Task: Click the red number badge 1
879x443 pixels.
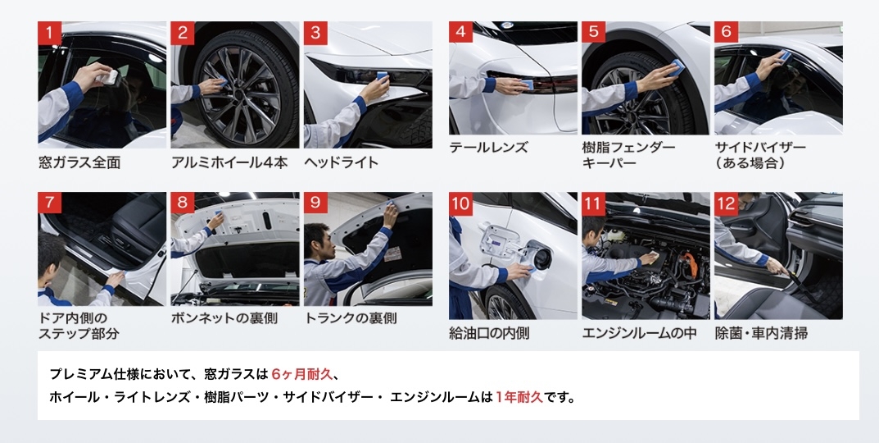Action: coord(49,33)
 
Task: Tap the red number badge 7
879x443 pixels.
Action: coord(49,203)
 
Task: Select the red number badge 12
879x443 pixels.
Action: coord(726,203)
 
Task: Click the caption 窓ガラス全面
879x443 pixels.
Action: coord(79,162)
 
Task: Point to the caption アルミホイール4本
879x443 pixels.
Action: coord(229,162)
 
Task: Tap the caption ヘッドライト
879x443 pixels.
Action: coord(342,162)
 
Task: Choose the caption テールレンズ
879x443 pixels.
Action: coord(488,148)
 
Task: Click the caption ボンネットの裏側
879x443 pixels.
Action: coord(224,318)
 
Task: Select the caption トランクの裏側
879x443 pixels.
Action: coord(351,318)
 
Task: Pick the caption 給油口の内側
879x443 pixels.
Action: coord(489,334)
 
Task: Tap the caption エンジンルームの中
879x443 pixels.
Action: coord(640,334)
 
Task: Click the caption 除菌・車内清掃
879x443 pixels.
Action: coord(761,334)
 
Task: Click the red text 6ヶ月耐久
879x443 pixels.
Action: coord(302,374)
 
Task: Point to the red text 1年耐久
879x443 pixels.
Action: coord(519,398)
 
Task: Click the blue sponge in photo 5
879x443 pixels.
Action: coord(677,66)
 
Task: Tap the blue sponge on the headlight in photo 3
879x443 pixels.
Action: coord(383,76)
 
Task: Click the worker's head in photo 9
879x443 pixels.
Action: coord(317,241)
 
